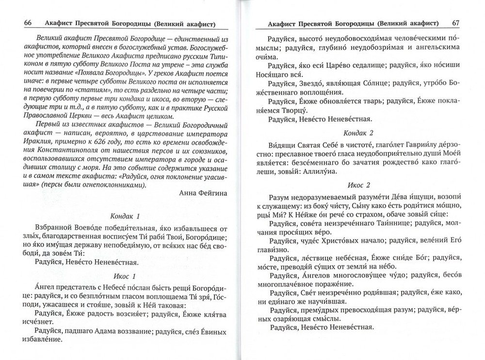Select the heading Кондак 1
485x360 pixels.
pos(125,216)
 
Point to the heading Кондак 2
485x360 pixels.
pos(358,132)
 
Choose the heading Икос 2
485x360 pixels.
pos(358,185)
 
